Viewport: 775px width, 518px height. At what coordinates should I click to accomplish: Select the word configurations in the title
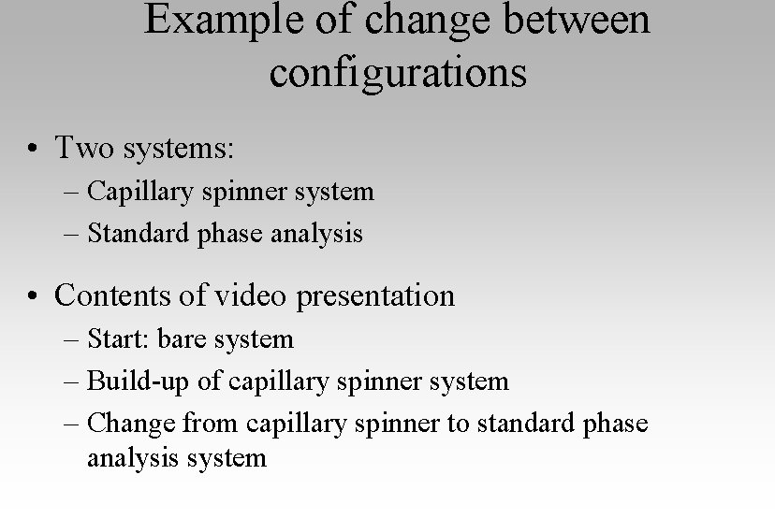(x=398, y=73)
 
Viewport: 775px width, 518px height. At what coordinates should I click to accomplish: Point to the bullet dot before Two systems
(x=33, y=149)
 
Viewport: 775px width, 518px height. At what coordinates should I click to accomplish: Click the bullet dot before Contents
(x=33, y=296)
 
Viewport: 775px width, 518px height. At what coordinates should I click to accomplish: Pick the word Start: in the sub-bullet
(x=119, y=338)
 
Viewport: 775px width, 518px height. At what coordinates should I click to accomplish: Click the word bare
(x=182, y=338)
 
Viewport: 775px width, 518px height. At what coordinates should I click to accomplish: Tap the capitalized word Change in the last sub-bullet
(x=131, y=424)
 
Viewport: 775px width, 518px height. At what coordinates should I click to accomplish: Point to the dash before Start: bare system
(x=74, y=339)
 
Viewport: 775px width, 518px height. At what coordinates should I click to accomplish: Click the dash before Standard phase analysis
(x=74, y=234)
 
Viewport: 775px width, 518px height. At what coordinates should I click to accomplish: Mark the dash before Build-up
(x=74, y=381)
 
